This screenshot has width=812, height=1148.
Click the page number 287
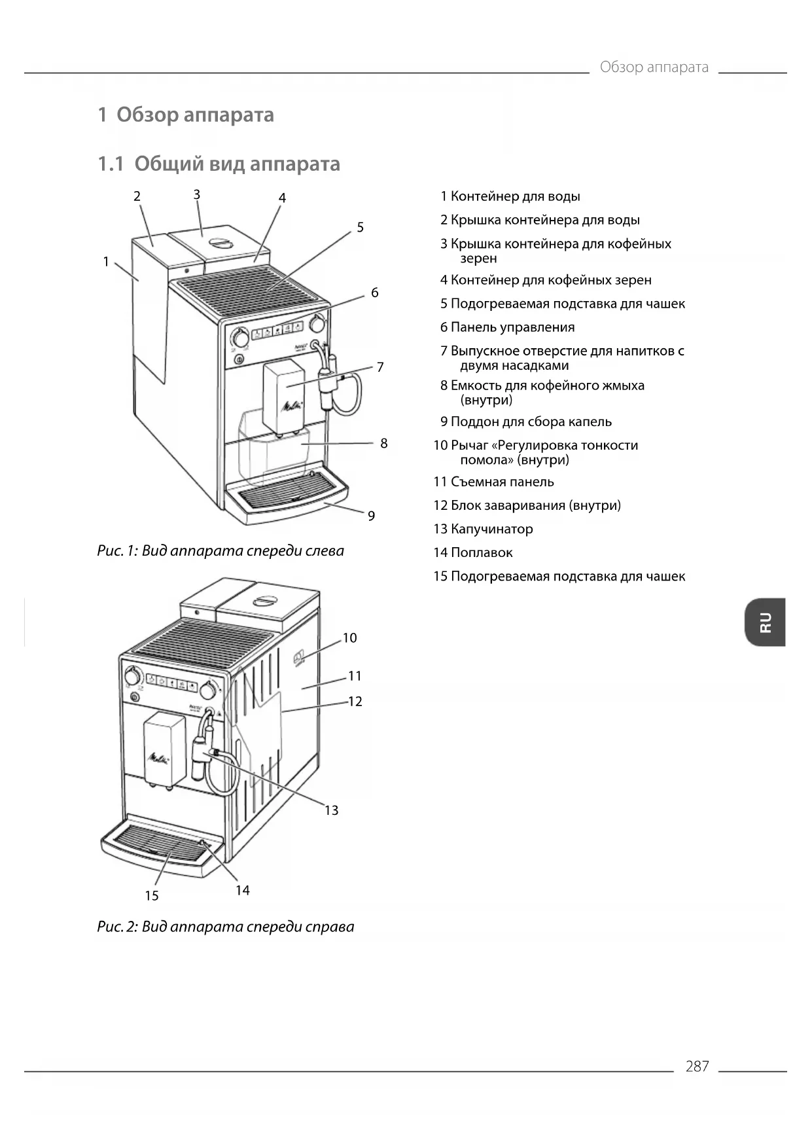point(697,1066)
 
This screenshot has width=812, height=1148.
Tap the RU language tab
point(765,622)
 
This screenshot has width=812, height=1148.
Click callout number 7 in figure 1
point(380,367)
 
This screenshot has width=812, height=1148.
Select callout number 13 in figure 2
point(331,810)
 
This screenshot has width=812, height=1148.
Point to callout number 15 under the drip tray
point(152,896)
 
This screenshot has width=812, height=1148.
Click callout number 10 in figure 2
point(349,637)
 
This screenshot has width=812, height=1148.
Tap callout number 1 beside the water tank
point(106,262)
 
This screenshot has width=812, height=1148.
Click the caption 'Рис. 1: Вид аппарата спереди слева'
point(221,551)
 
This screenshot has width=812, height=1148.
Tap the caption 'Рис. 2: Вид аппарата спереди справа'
point(226,927)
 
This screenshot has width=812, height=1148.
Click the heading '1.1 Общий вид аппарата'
point(219,164)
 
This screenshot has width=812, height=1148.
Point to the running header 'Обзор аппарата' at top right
point(654,67)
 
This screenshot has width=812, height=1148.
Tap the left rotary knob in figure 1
point(240,337)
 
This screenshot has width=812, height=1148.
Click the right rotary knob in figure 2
point(208,690)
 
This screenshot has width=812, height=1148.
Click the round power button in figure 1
point(239,359)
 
